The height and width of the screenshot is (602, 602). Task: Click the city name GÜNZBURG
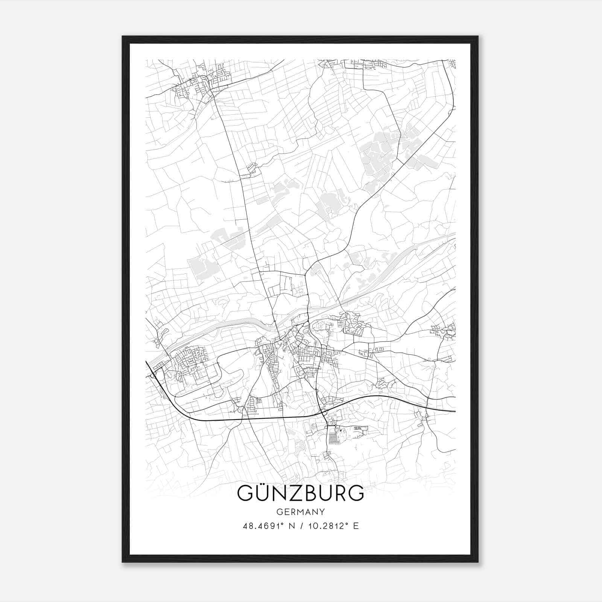[301, 493]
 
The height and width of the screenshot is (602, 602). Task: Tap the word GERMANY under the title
[301, 512]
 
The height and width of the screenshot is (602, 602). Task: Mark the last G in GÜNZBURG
[356, 493]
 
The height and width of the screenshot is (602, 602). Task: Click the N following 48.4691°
[291, 526]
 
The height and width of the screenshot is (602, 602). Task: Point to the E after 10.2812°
[356, 526]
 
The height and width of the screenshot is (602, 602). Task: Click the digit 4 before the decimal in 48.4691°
[246, 526]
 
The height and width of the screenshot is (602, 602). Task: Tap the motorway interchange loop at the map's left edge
[152, 375]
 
